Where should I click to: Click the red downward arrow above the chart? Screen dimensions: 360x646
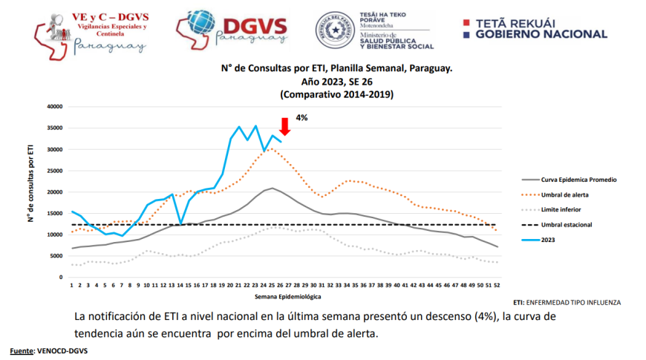pyautogui.click(x=284, y=125)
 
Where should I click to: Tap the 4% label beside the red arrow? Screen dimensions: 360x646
pyautogui.click(x=301, y=117)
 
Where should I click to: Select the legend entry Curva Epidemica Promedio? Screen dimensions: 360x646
pyautogui.click(x=579, y=180)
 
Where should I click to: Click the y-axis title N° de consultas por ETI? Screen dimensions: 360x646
pyautogui.click(x=31, y=192)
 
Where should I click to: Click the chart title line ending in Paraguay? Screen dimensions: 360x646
pyautogui.click(x=336, y=68)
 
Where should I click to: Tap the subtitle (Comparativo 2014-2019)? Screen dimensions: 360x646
pyautogui.click(x=336, y=94)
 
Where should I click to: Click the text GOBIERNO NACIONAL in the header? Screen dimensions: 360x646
pyautogui.click(x=541, y=34)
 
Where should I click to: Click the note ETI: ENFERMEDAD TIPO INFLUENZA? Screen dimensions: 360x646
pyautogui.click(x=567, y=303)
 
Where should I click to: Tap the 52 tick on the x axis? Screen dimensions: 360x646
pyautogui.click(x=497, y=284)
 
